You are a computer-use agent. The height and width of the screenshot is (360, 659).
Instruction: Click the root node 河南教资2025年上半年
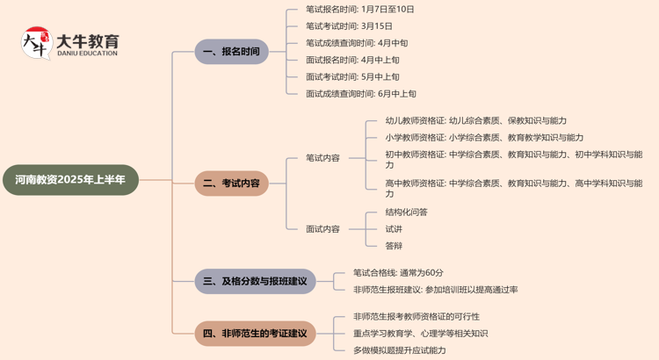tap(70, 179)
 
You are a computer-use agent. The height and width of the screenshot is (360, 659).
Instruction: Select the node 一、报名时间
tap(231, 52)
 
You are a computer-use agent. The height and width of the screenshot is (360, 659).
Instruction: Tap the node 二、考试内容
tap(231, 184)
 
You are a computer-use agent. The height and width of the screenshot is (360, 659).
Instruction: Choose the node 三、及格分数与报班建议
tap(255, 281)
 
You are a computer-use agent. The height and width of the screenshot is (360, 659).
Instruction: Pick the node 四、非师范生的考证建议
tap(255, 334)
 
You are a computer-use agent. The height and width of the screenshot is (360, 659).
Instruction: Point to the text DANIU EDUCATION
tap(86, 54)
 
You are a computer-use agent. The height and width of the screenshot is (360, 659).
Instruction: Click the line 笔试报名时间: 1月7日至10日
tap(359, 10)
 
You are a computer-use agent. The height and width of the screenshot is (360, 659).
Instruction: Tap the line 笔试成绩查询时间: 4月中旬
tap(357, 43)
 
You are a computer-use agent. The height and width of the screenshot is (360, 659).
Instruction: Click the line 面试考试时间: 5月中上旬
tap(352, 77)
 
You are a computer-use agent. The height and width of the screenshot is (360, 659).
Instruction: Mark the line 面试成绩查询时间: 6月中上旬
tap(361, 94)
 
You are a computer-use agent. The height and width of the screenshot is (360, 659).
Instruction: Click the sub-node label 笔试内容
tap(322, 158)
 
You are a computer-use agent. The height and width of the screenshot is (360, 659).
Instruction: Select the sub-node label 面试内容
tap(322, 228)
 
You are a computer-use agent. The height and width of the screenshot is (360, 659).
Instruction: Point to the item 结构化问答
tap(406, 212)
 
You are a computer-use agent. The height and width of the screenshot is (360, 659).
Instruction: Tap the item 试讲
tap(394, 228)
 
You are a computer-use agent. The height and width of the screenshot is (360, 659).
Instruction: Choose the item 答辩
tap(394, 245)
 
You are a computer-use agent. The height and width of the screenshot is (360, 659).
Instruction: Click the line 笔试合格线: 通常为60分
tap(398, 273)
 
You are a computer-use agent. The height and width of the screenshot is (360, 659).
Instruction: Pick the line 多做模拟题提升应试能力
tap(399, 350)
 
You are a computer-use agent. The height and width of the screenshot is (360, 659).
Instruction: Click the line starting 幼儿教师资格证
tap(475, 121)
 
